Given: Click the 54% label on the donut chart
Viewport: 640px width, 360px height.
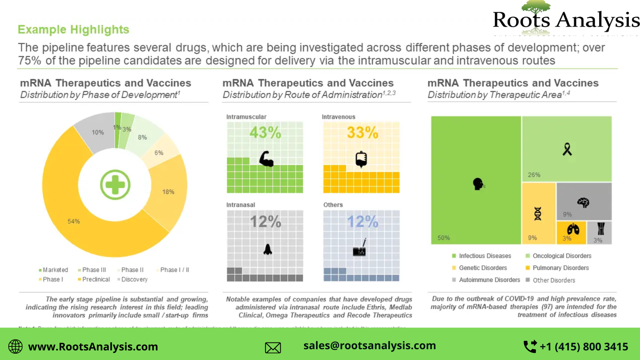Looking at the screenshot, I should pyautogui.click(x=74, y=221).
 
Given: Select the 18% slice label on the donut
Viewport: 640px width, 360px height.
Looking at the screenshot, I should pyautogui.click(x=168, y=192).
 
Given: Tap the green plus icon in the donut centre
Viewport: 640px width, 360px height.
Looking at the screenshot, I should pyautogui.click(x=115, y=185).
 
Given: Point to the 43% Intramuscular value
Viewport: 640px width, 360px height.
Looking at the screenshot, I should pyautogui.click(x=265, y=132).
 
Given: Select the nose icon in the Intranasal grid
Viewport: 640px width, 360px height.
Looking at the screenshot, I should pyautogui.click(x=268, y=249).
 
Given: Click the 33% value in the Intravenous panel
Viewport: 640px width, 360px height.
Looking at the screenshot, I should pyautogui.click(x=362, y=132).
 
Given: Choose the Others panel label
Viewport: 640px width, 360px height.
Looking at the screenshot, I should pyautogui.click(x=333, y=205).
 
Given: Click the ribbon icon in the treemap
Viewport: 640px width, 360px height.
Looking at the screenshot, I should pyautogui.click(x=567, y=149).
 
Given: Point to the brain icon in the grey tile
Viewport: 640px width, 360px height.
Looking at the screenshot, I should pyautogui.click(x=583, y=202).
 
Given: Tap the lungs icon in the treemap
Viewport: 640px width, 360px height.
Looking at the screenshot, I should pyautogui.click(x=573, y=229).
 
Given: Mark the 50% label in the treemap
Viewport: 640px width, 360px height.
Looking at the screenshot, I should pyautogui.click(x=443, y=238).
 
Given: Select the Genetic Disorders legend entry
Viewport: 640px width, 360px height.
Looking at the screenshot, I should pyautogui.click(x=483, y=268).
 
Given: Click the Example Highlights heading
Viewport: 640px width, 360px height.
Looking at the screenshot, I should pyautogui.click(x=74, y=30).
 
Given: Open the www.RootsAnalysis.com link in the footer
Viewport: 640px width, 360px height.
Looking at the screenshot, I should pyautogui.click(x=93, y=346).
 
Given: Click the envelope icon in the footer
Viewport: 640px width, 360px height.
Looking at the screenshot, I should pyautogui.click(x=273, y=348).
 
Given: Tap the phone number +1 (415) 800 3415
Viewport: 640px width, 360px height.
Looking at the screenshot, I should pyautogui.click(x=584, y=346).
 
